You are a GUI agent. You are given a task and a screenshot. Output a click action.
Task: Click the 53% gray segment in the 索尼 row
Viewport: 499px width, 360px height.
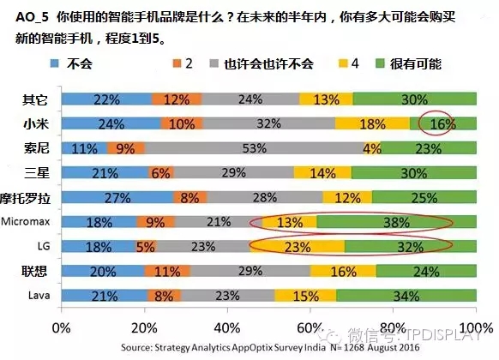(x=253, y=147)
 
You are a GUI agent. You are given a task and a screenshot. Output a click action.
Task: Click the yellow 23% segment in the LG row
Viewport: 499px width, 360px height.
(x=297, y=247)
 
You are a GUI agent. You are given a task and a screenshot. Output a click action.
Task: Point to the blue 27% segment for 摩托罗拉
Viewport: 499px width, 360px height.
(x=117, y=198)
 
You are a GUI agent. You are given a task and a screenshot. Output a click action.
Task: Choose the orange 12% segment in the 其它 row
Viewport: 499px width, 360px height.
(x=177, y=99)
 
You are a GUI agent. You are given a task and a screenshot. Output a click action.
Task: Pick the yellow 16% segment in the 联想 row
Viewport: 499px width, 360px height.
(x=343, y=272)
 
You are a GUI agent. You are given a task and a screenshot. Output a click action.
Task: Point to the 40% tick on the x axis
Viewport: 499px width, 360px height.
(x=227, y=327)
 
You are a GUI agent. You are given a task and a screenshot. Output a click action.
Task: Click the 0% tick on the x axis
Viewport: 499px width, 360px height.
(x=62, y=327)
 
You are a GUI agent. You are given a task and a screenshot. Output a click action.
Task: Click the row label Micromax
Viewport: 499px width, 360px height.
(x=27, y=223)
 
